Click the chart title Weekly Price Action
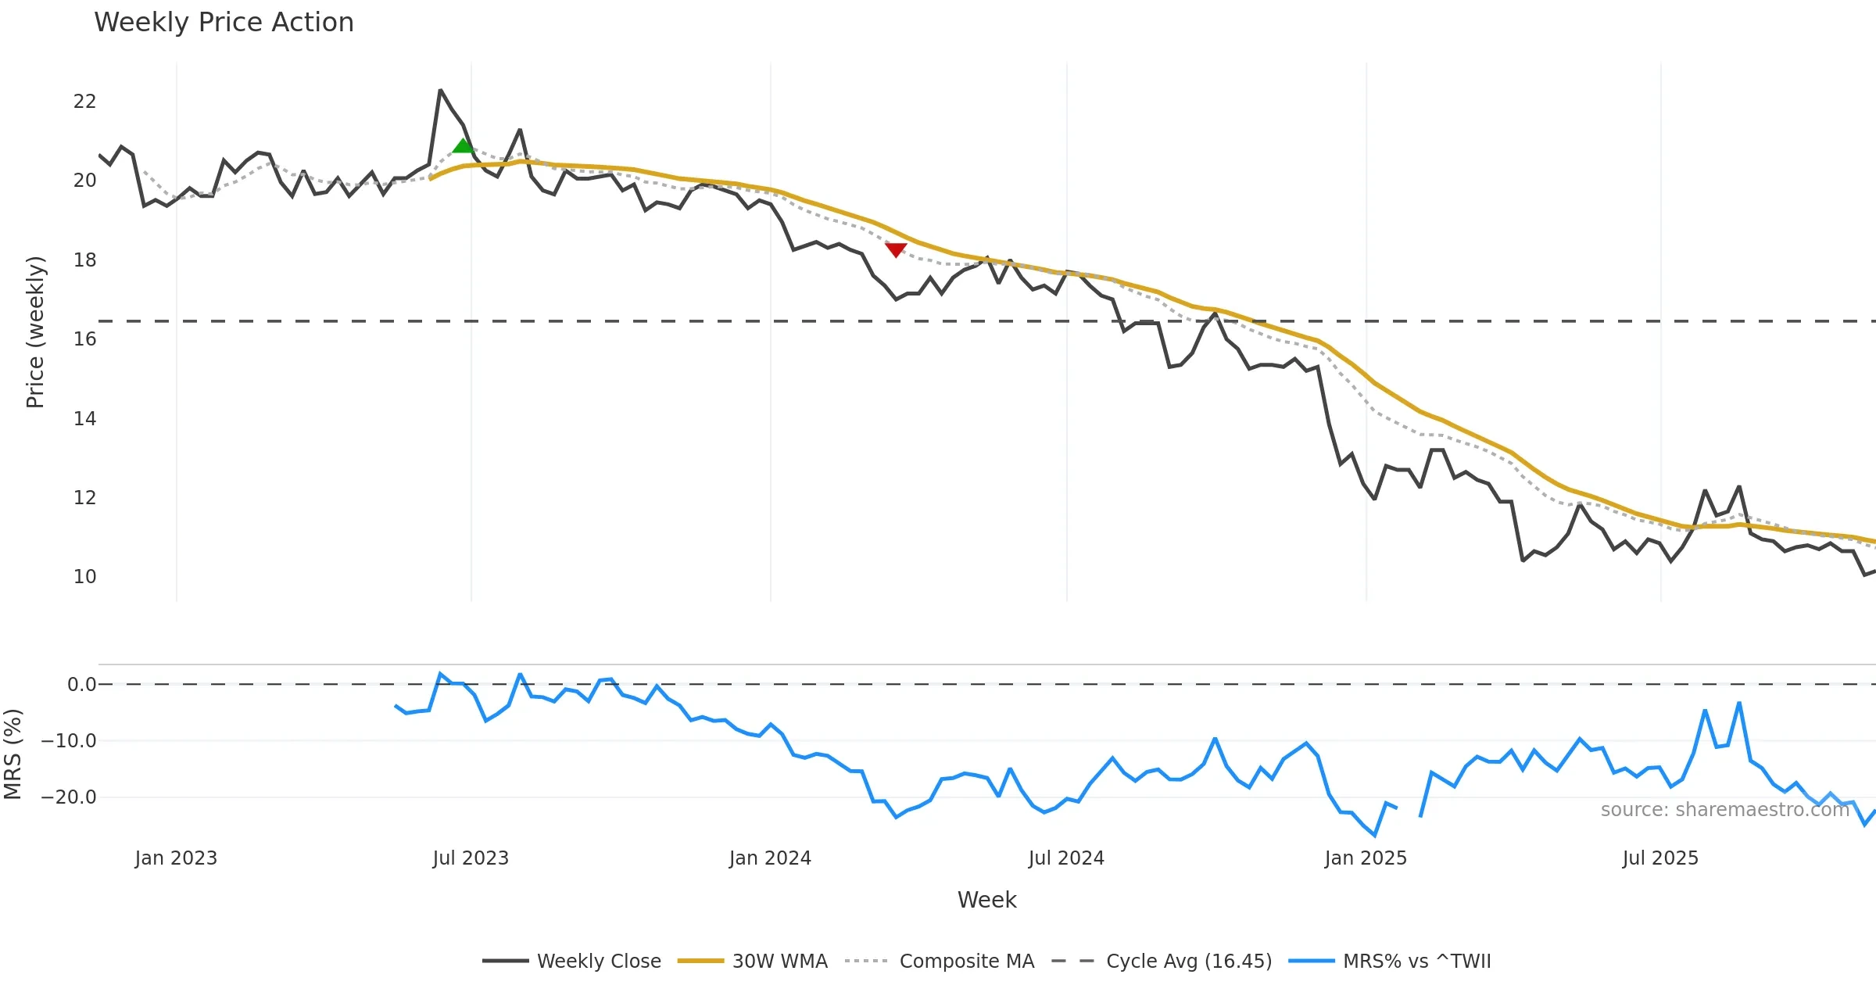pyautogui.click(x=224, y=23)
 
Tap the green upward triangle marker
pyautogui.click(x=463, y=146)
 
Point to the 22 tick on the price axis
pyautogui.click(x=84, y=102)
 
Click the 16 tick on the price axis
pyautogui.click(x=84, y=339)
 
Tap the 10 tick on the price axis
pyautogui.click(x=84, y=577)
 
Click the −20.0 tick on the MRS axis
pyautogui.click(x=69, y=797)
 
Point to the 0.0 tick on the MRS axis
pyautogui.click(x=81, y=685)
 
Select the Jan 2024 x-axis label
pyautogui.click(x=770, y=858)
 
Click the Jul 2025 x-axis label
pyautogui.click(x=1660, y=858)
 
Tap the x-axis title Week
pyautogui.click(x=986, y=901)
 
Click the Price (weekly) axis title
pyautogui.click(x=35, y=332)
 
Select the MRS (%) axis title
pyautogui.click(x=13, y=754)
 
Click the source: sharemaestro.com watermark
pyautogui.click(x=1724, y=810)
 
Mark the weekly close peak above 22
pyautogui.click(x=441, y=91)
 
